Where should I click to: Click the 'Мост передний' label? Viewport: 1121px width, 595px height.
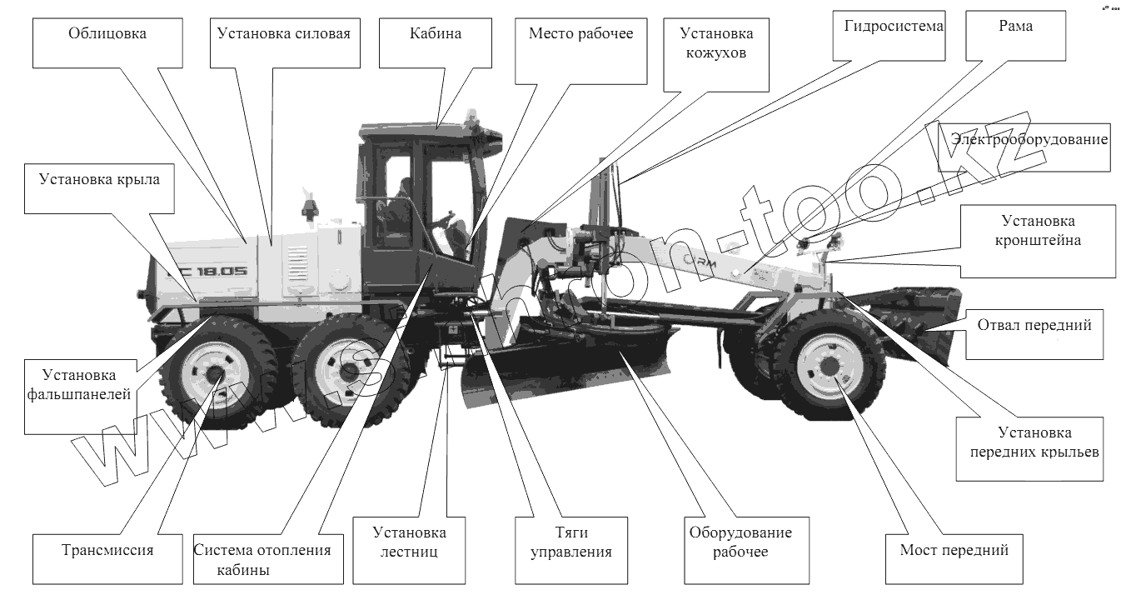coord(954,550)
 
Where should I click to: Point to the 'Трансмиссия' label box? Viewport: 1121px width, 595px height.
coord(107,550)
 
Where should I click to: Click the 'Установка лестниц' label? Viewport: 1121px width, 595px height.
coord(409,542)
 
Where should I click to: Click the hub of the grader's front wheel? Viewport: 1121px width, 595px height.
coord(830,365)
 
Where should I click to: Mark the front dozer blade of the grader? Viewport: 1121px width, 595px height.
coord(912,321)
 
